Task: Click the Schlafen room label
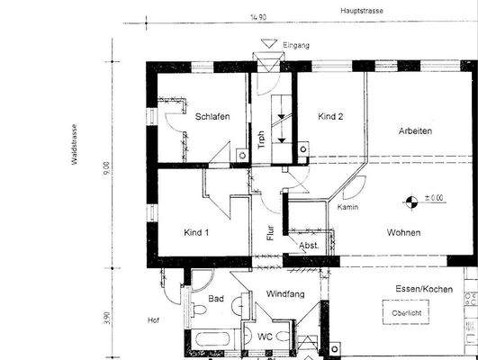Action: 212,116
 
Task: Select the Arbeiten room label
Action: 416,130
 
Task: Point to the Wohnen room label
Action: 404,232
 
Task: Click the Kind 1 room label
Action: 196,232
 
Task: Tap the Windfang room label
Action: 285,294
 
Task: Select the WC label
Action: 266,337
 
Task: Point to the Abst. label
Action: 310,245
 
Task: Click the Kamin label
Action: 348,208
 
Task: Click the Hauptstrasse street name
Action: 363,12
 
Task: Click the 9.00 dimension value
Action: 106,167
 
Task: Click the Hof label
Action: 152,319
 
